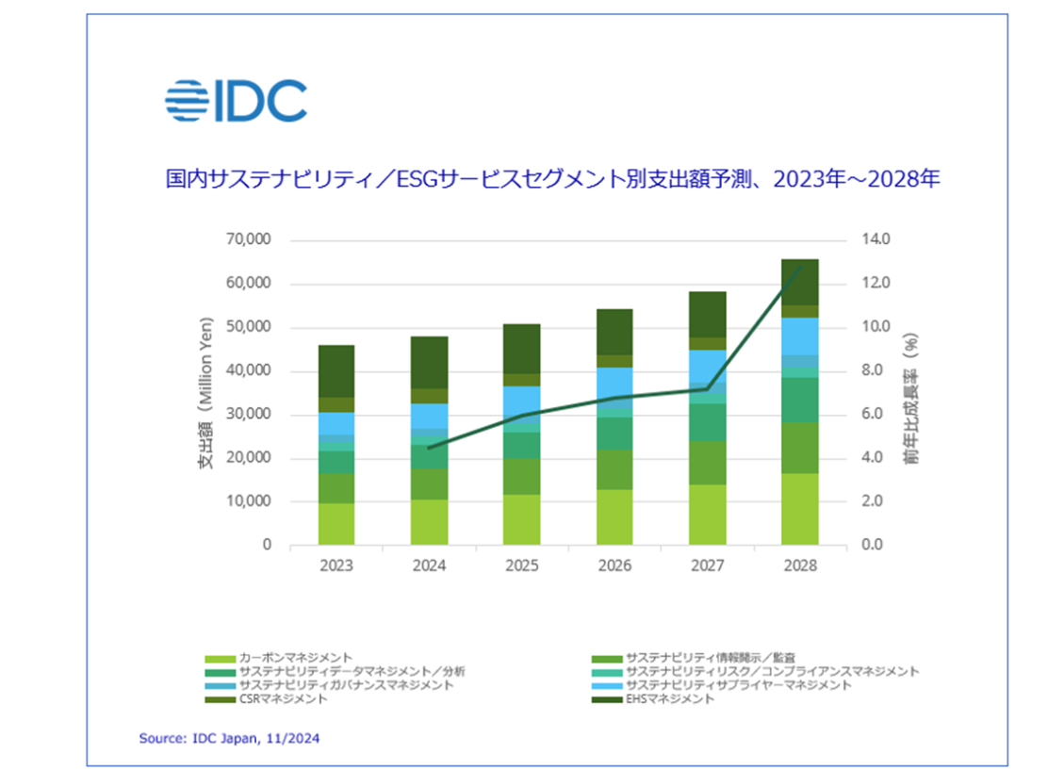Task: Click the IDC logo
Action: [236, 101]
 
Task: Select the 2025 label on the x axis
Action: [521, 566]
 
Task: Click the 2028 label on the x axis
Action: [799, 566]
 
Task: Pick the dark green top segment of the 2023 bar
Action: [336, 370]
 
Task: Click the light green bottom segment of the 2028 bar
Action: [799, 509]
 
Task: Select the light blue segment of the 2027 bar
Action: [707, 366]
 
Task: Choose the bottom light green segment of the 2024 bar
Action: [429, 522]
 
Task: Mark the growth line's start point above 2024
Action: [429, 448]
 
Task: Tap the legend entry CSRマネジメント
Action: [283, 698]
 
